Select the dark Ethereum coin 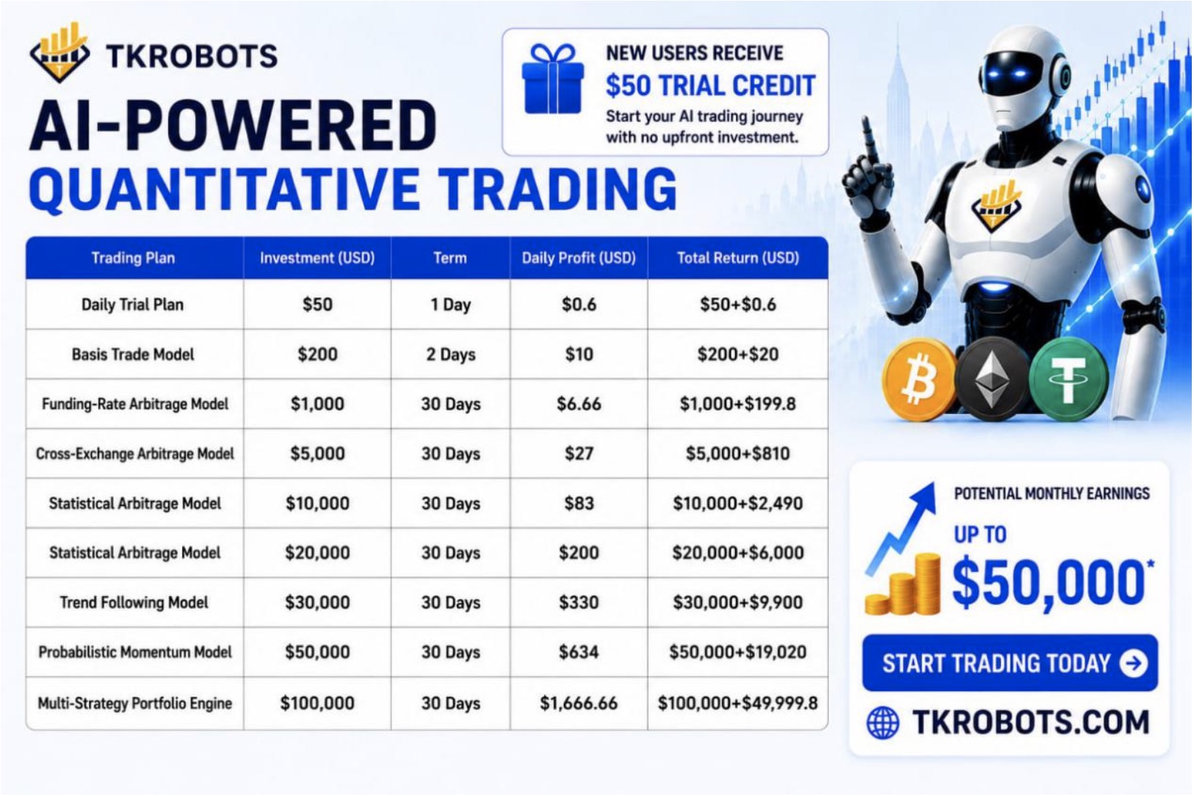pyautogui.click(x=992, y=378)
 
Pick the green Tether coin pyautogui.click(x=1068, y=379)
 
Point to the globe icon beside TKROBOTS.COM pyautogui.click(x=883, y=723)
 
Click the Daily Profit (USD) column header pyautogui.click(x=579, y=258)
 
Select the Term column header pyautogui.click(x=450, y=258)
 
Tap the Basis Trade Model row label pyautogui.click(x=133, y=355)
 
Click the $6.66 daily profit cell pyautogui.click(x=579, y=404)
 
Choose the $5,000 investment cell pyautogui.click(x=317, y=454)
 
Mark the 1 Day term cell pyautogui.click(x=450, y=305)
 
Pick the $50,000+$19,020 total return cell pyautogui.click(x=738, y=652)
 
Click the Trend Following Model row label pyautogui.click(x=134, y=602)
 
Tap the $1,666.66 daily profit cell pyautogui.click(x=579, y=703)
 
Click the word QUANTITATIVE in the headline pyautogui.click(x=224, y=189)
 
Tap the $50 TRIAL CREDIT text pyautogui.click(x=711, y=86)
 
